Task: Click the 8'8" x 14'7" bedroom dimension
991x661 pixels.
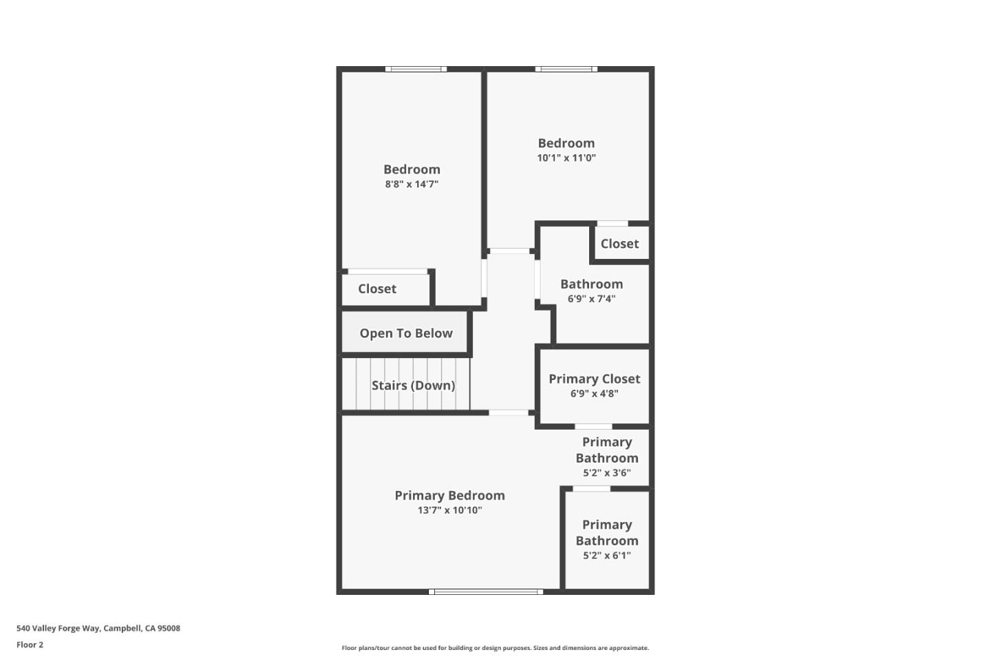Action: (x=412, y=184)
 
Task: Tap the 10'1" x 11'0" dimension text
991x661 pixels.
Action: (x=566, y=158)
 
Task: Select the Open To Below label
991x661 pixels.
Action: (x=406, y=333)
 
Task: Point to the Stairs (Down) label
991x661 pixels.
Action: (x=413, y=386)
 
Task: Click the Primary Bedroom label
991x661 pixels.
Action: (x=449, y=496)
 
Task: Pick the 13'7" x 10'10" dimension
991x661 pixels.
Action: (x=449, y=510)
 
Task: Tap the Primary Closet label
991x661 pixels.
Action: (x=594, y=379)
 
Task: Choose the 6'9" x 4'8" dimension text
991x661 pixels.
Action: (x=594, y=394)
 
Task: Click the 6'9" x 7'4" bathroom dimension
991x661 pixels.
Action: (x=591, y=299)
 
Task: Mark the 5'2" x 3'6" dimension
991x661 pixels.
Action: (x=606, y=473)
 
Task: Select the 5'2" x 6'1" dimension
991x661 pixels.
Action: (x=606, y=556)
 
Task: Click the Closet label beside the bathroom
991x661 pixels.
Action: (x=619, y=244)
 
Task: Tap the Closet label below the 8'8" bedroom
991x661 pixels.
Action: (x=377, y=289)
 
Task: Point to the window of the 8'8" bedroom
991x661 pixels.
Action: (x=416, y=69)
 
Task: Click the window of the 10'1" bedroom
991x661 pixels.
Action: (x=566, y=69)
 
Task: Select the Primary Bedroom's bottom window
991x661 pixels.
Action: (x=486, y=591)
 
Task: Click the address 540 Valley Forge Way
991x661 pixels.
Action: (x=98, y=628)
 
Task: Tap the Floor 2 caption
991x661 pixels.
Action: (x=30, y=645)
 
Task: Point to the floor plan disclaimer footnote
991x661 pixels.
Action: (x=495, y=648)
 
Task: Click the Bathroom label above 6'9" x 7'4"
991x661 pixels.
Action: (x=591, y=284)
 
